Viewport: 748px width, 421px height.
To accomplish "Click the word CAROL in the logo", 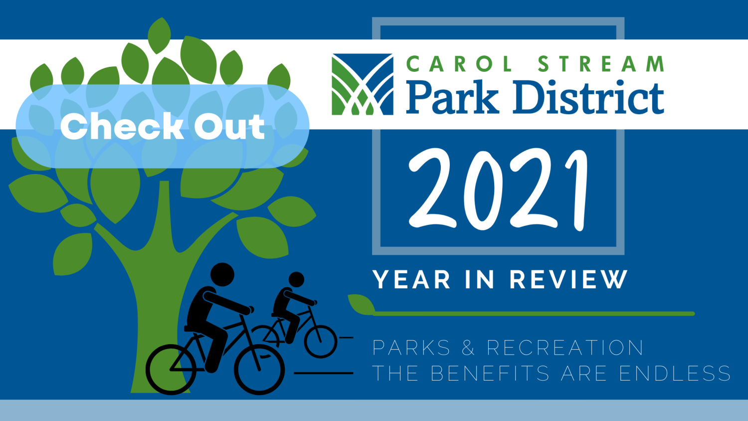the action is click(x=459, y=63).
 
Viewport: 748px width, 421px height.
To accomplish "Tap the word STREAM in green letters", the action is click(x=601, y=63).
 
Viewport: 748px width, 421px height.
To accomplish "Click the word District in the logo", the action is click(x=589, y=97).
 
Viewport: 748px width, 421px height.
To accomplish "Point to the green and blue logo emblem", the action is click(x=363, y=84).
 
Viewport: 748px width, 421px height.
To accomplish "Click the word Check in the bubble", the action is click(x=122, y=126).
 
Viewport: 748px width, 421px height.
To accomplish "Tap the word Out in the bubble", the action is click(x=230, y=126).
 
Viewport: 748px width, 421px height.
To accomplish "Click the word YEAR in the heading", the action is click(x=412, y=279).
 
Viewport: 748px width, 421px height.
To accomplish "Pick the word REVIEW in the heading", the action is click(x=568, y=279).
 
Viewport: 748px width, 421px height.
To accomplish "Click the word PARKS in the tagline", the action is click(x=411, y=348).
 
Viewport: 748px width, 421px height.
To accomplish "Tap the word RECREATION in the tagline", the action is click(x=565, y=348).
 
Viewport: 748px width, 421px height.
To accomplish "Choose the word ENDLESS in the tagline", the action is click(x=675, y=373).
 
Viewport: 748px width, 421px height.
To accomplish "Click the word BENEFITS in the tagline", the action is click(x=490, y=373).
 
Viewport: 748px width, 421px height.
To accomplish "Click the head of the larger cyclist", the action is click(x=222, y=275).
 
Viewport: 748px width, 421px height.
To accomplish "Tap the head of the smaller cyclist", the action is click(x=296, y=279).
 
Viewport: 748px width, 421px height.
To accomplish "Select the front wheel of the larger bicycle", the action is click(x=259, y=370).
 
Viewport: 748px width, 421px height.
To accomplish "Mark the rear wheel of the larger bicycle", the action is click(x=171, y=370).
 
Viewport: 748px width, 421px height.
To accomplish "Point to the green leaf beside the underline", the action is click(x=362, y=305).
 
